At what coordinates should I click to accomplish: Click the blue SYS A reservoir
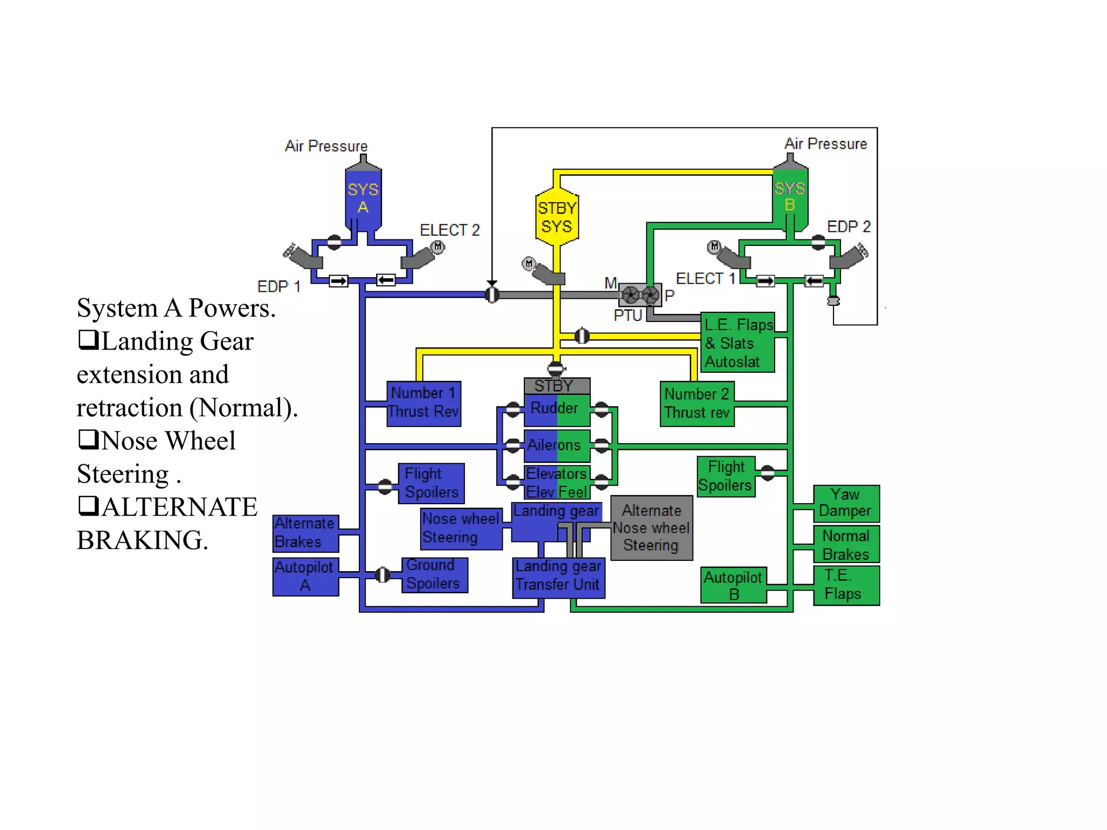point(363,197)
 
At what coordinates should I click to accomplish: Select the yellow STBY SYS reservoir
point(557,216)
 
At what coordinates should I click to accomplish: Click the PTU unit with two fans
point(640,295)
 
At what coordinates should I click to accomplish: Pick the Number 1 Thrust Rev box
point(424,404)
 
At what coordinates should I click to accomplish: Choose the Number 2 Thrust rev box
point(697,404)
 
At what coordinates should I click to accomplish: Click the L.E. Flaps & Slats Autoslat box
point(738,343)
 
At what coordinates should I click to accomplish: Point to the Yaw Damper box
point(846,503)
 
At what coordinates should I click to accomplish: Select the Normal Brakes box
point(846,544)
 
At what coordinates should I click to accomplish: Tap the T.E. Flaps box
point(846,585)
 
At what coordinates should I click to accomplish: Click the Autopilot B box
point(734,585)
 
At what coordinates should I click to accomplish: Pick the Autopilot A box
point(306,577)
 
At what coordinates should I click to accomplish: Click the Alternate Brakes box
point(306,533)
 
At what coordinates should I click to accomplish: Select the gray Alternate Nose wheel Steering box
point(652,528)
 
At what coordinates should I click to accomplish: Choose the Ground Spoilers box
point(435,575)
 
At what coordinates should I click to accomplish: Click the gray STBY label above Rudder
point(557,386)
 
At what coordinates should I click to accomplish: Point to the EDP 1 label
point(279,286)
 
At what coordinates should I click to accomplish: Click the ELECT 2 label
point(450,230)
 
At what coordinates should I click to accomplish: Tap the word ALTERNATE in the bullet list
point(180,507)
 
